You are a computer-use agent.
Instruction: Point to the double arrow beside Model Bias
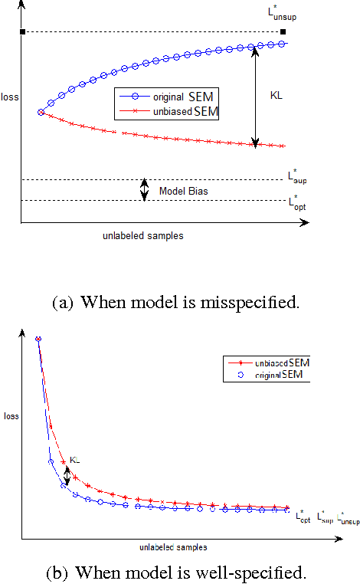click(143, 190)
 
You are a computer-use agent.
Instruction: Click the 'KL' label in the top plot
click(277, 96)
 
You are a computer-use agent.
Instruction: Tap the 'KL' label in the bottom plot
click(74, 460)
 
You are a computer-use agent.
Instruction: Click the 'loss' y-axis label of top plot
click(11, 97)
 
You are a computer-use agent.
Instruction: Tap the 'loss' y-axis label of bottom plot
click(11, 417)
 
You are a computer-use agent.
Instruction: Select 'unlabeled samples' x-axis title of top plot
click(142, 236)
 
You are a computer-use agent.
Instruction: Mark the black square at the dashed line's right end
click(283, 31)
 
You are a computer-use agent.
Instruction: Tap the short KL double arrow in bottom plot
click(68, 476)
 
